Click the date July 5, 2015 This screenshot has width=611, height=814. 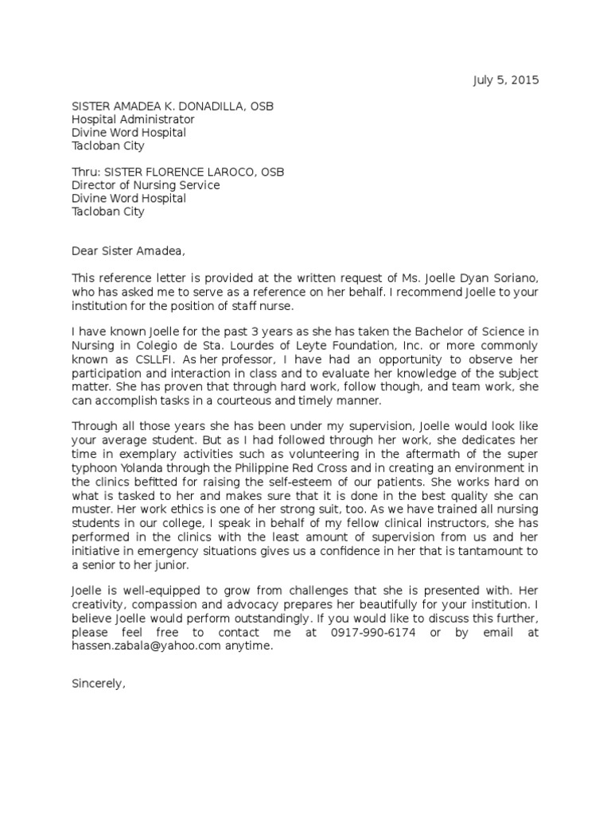point(506,80)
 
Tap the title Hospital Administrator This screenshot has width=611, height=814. point(133,119)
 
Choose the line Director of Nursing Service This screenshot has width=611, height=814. point(146,185)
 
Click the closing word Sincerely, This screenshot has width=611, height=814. point(99,684)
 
